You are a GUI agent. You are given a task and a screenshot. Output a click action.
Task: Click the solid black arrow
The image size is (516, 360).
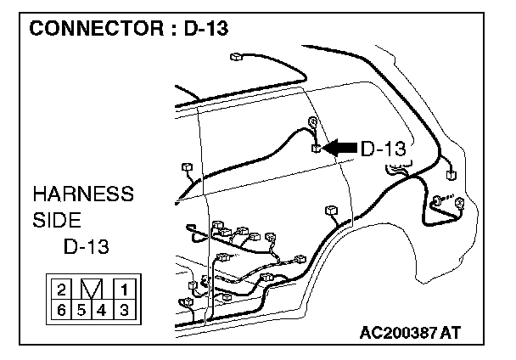pyautogui.click(x=340, y=149)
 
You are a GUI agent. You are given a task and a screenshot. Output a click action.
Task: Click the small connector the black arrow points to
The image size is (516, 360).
pyautogui.click(x=315, y=149)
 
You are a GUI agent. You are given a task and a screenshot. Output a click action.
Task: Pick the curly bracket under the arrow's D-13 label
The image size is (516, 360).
pyautogui.click(x=397, y=170)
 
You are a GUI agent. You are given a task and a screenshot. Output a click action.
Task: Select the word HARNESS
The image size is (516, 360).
pyautogui.click(x=83, y=194)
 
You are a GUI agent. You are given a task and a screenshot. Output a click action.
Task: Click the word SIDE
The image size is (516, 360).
pyautogui.click(x=57, y=221)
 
